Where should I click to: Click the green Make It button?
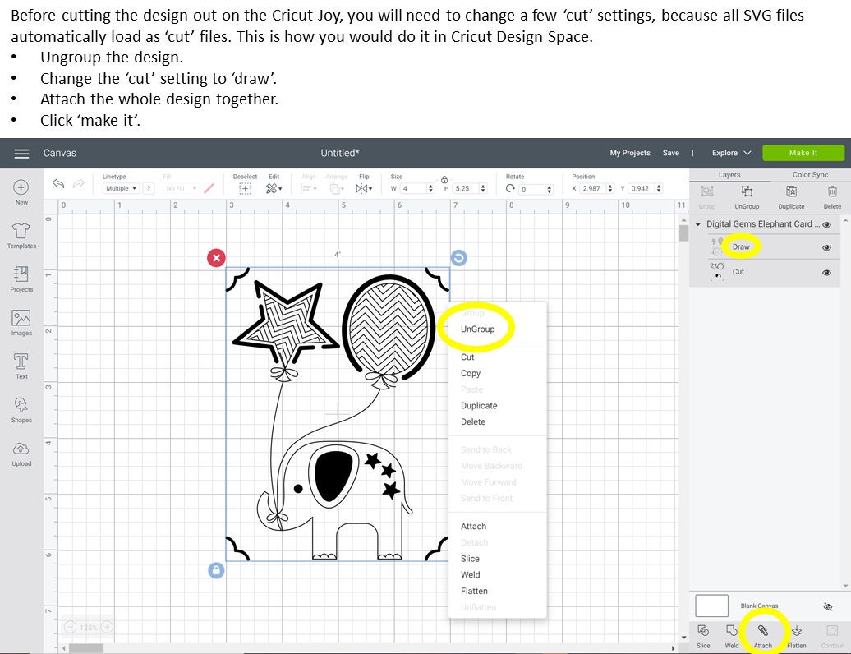(x=803, y=153)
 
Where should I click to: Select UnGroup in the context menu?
(x=477, y=329)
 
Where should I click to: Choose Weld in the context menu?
(x=471, y=574)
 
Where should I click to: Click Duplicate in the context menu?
(x=479, y=405)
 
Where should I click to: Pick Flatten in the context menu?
(x=474, y=591)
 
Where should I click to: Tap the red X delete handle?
(x=216, y=258)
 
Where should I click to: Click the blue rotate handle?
(x=458, y=258)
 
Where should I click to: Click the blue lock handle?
(x=216, y=569)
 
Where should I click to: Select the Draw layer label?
(x=741, y=246)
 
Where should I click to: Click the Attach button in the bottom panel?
(x=763, y=633)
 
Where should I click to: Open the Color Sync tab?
(x=810, y=175)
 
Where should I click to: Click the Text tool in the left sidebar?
(x=21, y=365)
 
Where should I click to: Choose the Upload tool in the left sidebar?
(x=21, y=453)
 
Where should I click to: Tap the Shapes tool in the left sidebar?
(x=21, y=408)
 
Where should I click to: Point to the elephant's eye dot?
(x=298, y=488)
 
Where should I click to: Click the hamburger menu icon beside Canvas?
(x=22, y=154)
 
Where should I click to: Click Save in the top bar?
(x=671, y=153)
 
